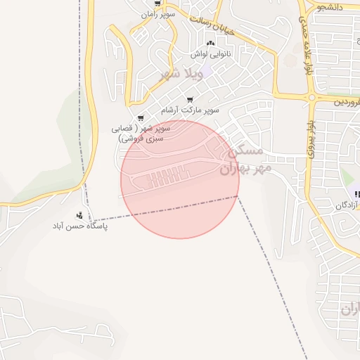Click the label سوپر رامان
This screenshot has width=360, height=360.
tap(157, 14)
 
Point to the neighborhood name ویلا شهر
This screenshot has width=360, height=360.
tap(181, 74)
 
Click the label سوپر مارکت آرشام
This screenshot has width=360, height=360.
tap(190, 110)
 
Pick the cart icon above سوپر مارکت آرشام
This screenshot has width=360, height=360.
tap(189, 100)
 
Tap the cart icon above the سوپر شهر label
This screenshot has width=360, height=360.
tap(141, 118)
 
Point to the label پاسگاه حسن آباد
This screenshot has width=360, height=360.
tap(79, 227)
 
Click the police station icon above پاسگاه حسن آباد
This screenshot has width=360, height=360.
tap(79, 215)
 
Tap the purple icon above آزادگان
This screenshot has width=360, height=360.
tap(356, 194)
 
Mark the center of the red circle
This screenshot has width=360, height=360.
tap(180, 179)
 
